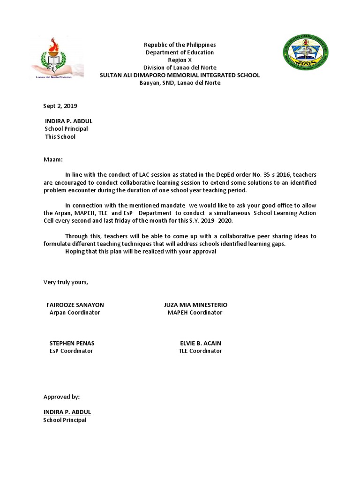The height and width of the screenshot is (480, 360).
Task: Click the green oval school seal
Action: point(305,52)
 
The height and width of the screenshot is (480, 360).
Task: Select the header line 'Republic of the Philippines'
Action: point(180,45)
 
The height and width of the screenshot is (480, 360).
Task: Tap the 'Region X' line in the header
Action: point(180,60)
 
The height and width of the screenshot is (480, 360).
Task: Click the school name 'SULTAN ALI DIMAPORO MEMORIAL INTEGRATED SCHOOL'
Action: point(180,75)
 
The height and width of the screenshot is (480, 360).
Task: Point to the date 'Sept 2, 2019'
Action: point(60,106)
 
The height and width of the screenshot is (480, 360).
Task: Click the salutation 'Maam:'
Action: point(53,160)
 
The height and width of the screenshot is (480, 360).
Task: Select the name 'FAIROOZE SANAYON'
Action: point(75,305)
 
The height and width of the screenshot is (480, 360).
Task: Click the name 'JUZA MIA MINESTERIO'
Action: point(195,305)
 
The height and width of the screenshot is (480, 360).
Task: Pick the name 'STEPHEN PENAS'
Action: point(72,343)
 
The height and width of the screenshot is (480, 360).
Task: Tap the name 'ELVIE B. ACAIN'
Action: point(201,343)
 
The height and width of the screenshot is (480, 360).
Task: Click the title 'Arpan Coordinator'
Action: point(75,313)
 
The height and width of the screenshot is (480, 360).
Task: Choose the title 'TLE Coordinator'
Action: point(200,351)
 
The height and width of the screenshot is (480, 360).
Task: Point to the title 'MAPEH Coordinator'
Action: point(195,313)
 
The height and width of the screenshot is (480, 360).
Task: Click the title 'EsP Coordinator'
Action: point(71,351)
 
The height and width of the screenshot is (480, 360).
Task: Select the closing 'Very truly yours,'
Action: point(66,282)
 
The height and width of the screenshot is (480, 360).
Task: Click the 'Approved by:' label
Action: point(62,397)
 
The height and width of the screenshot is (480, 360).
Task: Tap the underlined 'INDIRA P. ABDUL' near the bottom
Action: point(67,412)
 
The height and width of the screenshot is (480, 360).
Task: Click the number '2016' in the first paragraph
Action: point(283,175)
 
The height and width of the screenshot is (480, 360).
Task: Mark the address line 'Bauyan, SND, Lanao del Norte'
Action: point(180,83)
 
